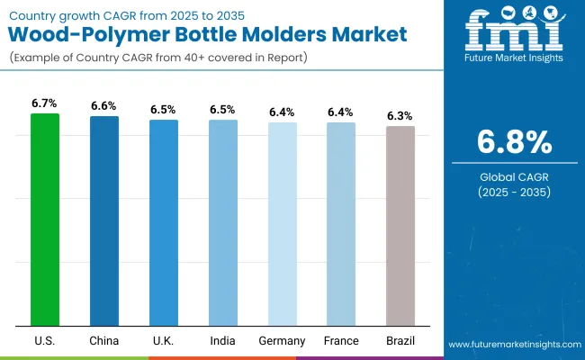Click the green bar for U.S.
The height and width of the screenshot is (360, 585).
[44, 220]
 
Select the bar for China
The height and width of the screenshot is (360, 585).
[103, 220]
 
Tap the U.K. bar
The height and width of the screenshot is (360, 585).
[164, 222]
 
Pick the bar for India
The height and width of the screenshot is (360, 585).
[222, 222]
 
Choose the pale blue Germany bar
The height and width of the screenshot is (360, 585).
[282, 224]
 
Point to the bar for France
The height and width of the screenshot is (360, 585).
[341, 224]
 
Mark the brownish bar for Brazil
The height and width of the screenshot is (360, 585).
[400, 226]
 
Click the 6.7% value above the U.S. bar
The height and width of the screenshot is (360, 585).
[44, 103]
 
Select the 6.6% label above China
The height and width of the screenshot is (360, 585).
[103, 106]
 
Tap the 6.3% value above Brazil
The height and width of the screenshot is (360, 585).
[400, 116]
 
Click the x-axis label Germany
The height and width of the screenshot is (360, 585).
[282, 341]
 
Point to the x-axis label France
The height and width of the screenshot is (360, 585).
[341, 341]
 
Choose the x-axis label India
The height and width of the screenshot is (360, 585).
[222, 341]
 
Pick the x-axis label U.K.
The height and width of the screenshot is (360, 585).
[164, 341]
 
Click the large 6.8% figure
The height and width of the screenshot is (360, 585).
[513, 143]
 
